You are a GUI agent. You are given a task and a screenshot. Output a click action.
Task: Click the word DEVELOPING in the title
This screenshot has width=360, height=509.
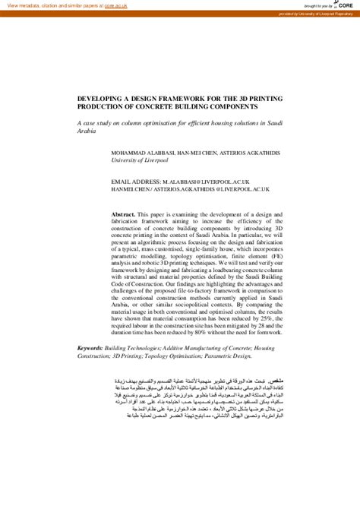click(103, 98)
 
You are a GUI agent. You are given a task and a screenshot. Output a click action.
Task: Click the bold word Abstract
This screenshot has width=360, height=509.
click(123, 215)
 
